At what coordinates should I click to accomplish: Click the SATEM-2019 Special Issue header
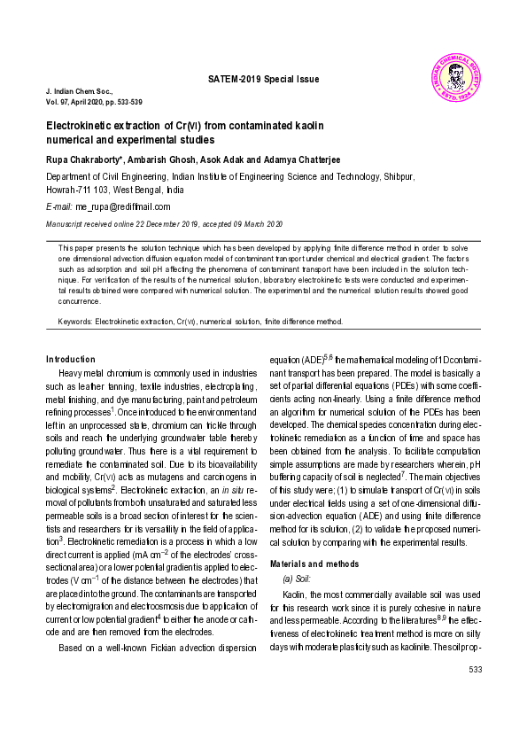tap(263, 79)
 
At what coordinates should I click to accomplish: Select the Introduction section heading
tap(70, 359)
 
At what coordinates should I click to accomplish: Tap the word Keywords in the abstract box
tap(74, 322)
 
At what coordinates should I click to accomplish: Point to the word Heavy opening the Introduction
tap(74, 374)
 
